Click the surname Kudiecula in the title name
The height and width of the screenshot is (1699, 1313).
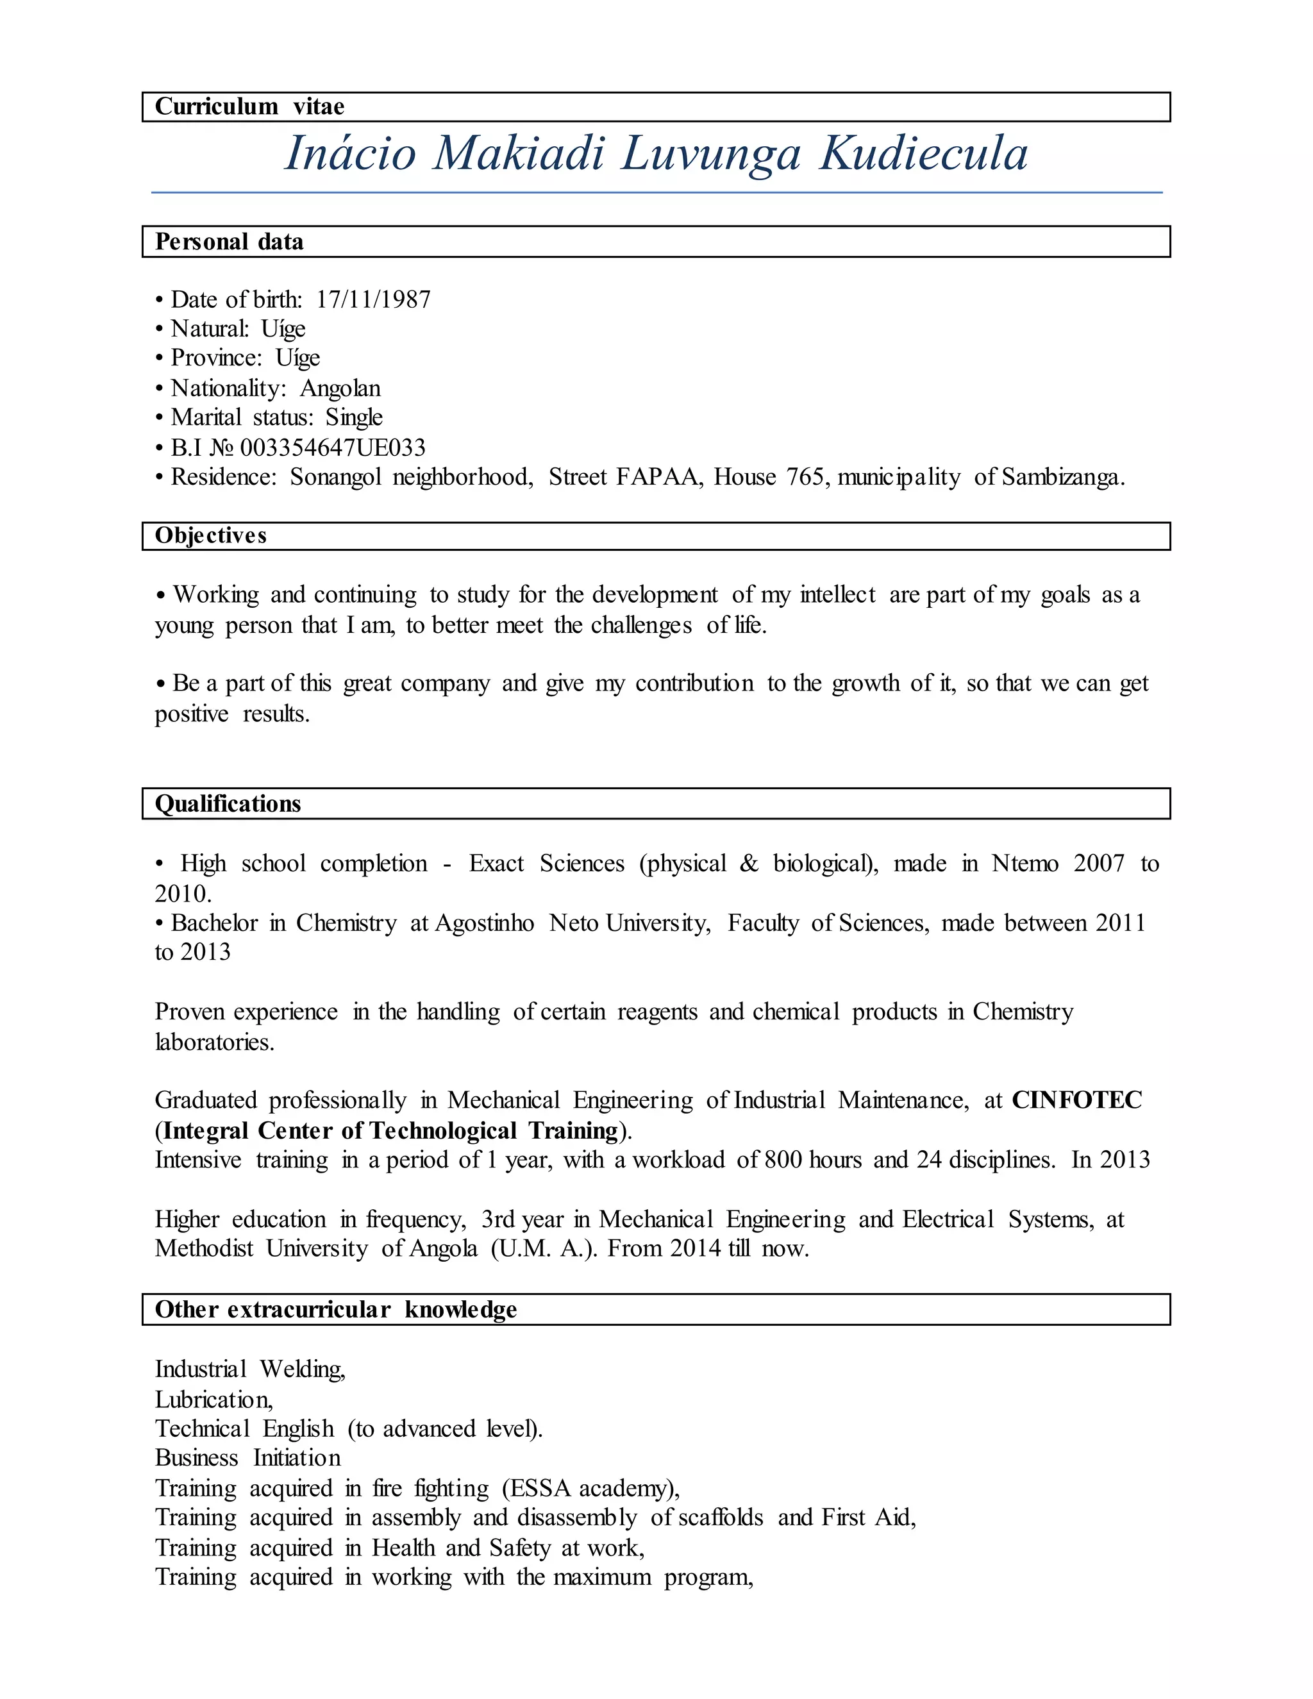923,153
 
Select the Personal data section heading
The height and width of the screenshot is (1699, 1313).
229,242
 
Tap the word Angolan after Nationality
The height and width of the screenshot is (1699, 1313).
340,388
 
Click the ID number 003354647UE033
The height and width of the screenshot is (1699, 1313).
333,448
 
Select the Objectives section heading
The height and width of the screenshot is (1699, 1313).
211,536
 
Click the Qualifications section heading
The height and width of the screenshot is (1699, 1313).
227,803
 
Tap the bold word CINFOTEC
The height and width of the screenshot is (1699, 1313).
1076,1100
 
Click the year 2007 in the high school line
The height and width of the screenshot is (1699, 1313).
1098,864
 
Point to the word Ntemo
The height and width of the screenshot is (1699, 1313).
1024,864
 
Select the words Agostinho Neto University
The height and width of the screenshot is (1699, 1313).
572,923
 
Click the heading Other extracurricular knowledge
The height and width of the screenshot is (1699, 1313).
335,1309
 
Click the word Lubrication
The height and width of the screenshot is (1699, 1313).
213,1400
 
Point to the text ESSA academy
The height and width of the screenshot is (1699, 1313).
590,1488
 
